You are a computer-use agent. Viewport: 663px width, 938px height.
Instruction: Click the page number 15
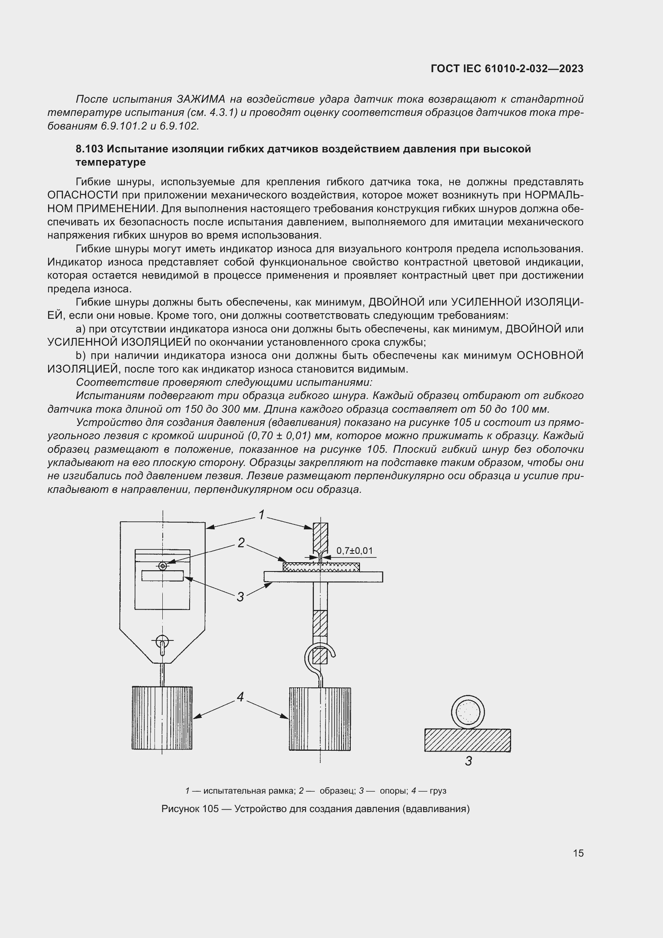click(578, 853)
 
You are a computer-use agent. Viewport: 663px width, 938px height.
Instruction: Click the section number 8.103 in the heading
click(89, 149)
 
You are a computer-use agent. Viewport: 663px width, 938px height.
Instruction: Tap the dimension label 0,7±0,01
click(354, 551)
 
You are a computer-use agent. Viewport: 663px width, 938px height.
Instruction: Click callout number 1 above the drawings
click(261, 515)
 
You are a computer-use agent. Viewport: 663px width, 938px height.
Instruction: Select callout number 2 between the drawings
click(241, 543)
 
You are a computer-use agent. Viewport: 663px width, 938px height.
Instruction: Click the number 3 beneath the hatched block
click(468, 761)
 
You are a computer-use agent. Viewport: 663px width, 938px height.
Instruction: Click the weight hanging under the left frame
click(162, 718)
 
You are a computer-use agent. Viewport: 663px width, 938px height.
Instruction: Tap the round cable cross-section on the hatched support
click(468, 712)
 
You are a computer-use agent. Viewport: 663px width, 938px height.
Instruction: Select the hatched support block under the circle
click(467, 740)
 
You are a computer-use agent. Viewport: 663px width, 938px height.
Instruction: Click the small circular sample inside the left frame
click(163, 566)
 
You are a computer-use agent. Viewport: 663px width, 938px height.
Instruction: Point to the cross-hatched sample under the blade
click(321, 567)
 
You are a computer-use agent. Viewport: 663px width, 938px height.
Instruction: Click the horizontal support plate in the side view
click(323, 576)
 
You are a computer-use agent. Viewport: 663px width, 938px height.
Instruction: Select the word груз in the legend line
click(438, 790)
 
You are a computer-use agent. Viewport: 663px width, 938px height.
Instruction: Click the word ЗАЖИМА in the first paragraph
click(201, 99)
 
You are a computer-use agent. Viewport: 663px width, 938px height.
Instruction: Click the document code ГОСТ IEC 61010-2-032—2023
click(507, 69)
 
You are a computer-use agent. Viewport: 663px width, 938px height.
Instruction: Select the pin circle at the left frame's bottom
click(162, 640)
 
